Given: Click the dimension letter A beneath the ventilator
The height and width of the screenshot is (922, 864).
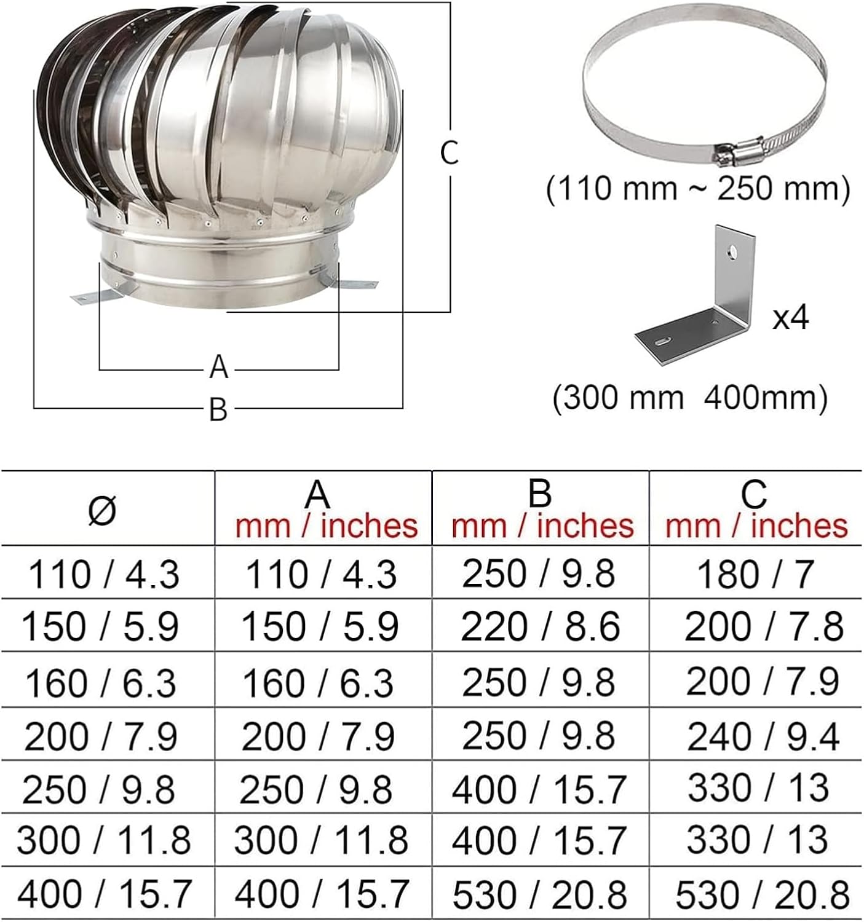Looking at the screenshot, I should pyautogui.click(x=219, y=367).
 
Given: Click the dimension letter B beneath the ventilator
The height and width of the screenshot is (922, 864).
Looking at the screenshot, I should pyautogui.click(x=218, y=409).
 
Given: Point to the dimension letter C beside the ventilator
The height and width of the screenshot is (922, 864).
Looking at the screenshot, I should pyautogui.click(x=450, y=153).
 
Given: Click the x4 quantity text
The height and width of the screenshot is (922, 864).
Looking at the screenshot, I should pyautogui.click(x=791, y=317).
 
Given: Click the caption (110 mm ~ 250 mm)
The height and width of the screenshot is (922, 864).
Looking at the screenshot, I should pyautogui.click(x=698, y=189).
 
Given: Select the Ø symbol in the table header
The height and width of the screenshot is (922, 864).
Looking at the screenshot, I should pyautogui.click(x=102, y=510).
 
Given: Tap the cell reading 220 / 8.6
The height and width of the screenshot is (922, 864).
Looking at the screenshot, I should pyautogui.click(x=540, y=627).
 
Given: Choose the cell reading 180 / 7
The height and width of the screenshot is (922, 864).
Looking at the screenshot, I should pyautogui.click(x=755, y=574).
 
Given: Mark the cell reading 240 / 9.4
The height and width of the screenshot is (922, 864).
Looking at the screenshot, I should pyautogui.click(x=763, y=736).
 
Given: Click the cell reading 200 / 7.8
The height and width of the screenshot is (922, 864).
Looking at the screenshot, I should pyautogui.click(x=763, y=627).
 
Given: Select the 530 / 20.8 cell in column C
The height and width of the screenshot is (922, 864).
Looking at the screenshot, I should pyautogui.click(x=763, y=895).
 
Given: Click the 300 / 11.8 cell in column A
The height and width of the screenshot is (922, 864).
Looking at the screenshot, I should pyautogui.click(x=320, y=840).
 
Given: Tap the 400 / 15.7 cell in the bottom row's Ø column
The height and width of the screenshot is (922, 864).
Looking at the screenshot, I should pyautogui.click(x=105, y=895).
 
